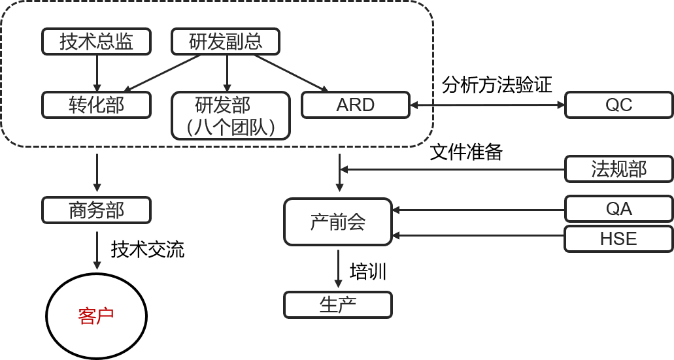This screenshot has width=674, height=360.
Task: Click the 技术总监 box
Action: coord(96,41)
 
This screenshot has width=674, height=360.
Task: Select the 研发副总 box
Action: coord(226,41)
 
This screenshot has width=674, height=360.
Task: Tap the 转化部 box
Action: coord(96,105)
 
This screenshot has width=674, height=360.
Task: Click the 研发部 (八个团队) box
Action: coord(231,116)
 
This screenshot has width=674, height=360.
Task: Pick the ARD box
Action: coord(356,105)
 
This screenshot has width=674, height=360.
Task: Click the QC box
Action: coord(619,105)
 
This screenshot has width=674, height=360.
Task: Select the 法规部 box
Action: coord(619,169)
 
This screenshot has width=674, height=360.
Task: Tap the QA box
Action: coord(619,209)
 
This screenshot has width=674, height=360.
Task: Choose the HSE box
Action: coord(619,238)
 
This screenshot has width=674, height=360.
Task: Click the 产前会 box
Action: coord(338,221)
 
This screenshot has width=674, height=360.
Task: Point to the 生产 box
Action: coord(338,305)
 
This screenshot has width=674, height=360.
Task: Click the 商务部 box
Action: coord(96,210)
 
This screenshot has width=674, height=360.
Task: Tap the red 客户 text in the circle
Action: coord(96,316)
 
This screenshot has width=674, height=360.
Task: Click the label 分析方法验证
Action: coord(497,85)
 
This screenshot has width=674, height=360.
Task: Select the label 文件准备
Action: coord(466,152)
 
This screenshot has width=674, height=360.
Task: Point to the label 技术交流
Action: coord(148,249)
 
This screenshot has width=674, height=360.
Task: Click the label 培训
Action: coord(368,272)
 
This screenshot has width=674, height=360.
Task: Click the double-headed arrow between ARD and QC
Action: coord(487,105)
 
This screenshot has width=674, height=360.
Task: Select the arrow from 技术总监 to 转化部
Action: coord(97,73)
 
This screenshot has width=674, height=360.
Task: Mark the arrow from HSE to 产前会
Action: coord(479,235)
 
